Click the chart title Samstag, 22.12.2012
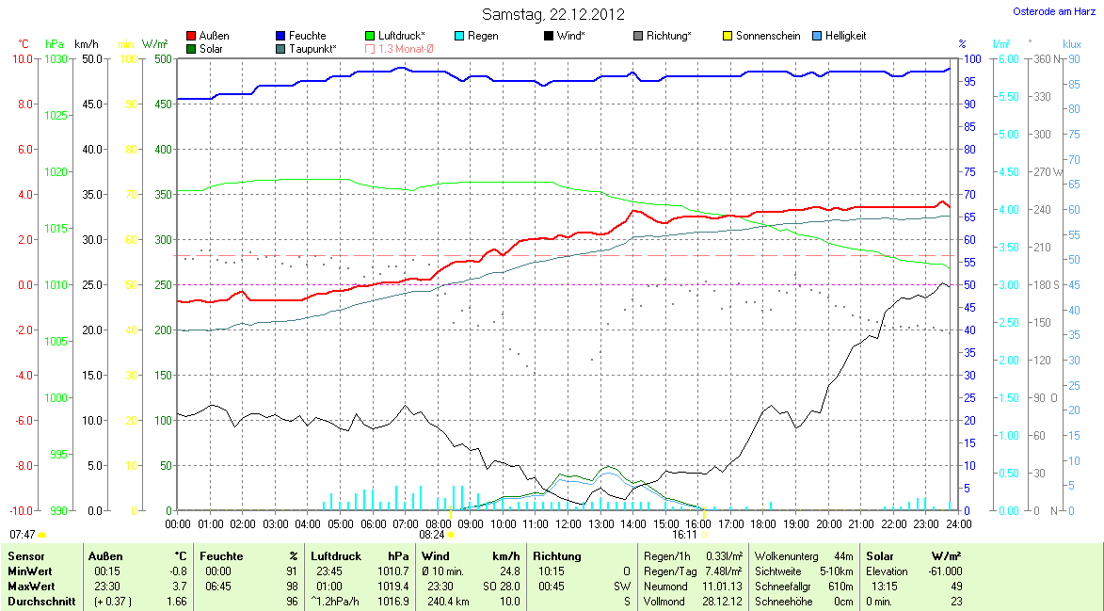coord(552,14)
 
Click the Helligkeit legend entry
coord(840,36)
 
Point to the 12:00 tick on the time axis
coord(568,523)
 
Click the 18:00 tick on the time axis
coord(763,523)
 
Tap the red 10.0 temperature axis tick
coord(22,58)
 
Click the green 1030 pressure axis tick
coord(56,58)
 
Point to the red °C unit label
coord(24,44)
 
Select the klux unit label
coord(1071,44)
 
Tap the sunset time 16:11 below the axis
coord(684,535)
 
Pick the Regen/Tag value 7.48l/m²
coord(723,571)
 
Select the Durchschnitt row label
coord(41,602)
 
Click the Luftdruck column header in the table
coord(336,556)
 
